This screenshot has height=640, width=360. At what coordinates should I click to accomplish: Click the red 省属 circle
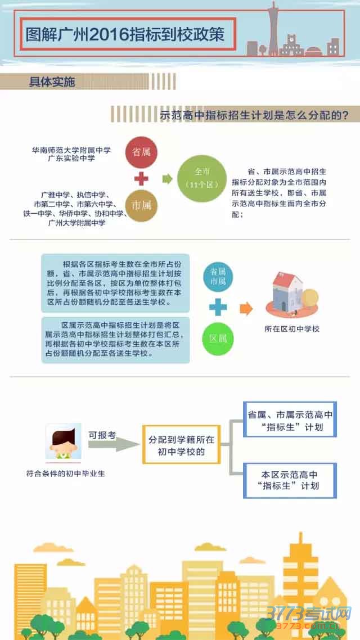[141, 152]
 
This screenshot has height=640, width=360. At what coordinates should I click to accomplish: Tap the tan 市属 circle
[141, 205]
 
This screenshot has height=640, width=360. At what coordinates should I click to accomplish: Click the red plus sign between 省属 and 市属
[141, 179]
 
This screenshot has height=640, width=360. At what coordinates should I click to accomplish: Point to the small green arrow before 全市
[166, 179]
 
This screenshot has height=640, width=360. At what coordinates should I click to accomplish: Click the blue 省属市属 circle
[218, 276]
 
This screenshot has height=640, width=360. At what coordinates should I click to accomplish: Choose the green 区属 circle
[218, 339]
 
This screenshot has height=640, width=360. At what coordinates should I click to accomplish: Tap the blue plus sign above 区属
[218, 307]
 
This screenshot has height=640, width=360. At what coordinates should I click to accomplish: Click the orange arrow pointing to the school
[246, 308]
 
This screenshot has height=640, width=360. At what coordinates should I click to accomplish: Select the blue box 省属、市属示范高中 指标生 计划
[290, 420]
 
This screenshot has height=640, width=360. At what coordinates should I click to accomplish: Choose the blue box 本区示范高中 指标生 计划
[290, 480]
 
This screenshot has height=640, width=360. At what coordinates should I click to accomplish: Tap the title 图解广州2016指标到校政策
[125, 35]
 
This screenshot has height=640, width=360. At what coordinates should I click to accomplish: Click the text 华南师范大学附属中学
[71, 150]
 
